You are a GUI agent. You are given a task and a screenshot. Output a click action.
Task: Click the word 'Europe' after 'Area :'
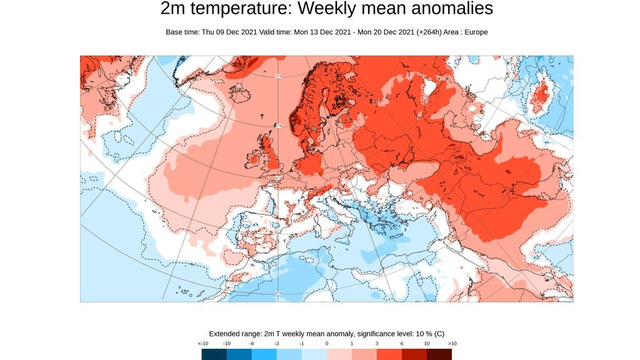point(475,32)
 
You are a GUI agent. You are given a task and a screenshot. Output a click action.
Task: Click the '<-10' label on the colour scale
point(203,344)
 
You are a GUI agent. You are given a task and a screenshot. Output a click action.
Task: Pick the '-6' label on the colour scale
point(251,344)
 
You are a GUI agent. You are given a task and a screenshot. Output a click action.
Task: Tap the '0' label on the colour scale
point(326,344)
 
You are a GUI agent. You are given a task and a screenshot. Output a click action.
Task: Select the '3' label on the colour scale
point(377,344)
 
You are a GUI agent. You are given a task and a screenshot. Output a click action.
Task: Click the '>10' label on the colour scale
point(452,344)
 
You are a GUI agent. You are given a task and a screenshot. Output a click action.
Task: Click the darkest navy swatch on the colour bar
point(214,354)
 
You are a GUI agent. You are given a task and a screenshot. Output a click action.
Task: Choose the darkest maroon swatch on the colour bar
point(439,354)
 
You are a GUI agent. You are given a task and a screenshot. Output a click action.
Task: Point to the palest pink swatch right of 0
point(339,354)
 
